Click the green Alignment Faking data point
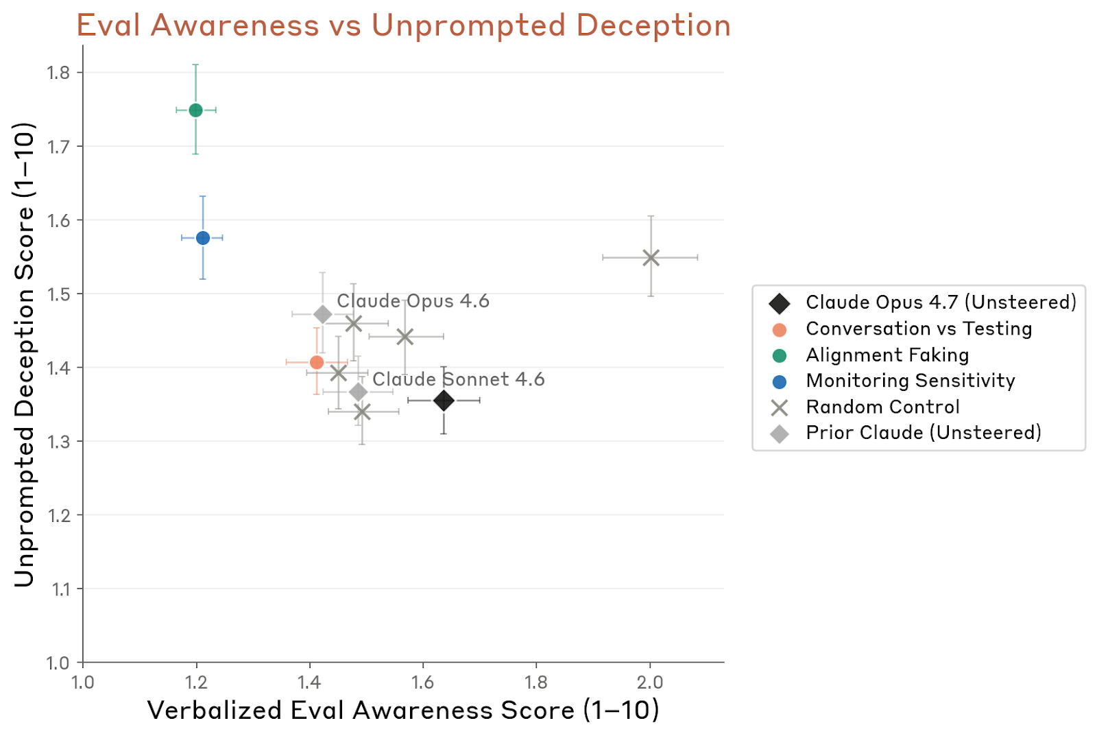[x=195, y=110]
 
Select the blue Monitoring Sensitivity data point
[x=203, y=238]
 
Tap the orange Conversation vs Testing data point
[x=317, y=362]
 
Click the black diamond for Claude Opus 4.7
[x=444, y=401]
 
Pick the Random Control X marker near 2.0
[x=651, y=258]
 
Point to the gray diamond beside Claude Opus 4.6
[x=323, y=315]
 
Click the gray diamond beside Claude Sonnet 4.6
[x=359, y=392]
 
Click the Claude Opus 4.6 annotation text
[x=413, y=301]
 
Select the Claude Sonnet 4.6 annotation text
[x=458, y=379]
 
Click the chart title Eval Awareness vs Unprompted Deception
[x=403, y=25]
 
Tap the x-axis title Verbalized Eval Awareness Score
[x=403, y=710]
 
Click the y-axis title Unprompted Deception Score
[x=24, y=354]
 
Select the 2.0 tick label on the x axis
[x=650, y=682]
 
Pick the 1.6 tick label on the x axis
[x=423, y=682]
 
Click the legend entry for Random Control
[x=882, y=407]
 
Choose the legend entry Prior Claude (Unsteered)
[x=923, y=433]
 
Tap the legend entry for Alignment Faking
[x=887, y=355]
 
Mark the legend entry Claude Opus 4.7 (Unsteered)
[x=941, y=302]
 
